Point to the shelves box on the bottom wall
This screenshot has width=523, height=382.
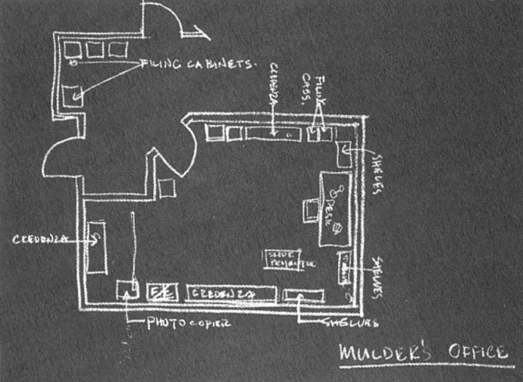(304, 295)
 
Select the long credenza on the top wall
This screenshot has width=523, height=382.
(272, 133)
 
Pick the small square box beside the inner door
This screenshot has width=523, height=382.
(166, 187)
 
